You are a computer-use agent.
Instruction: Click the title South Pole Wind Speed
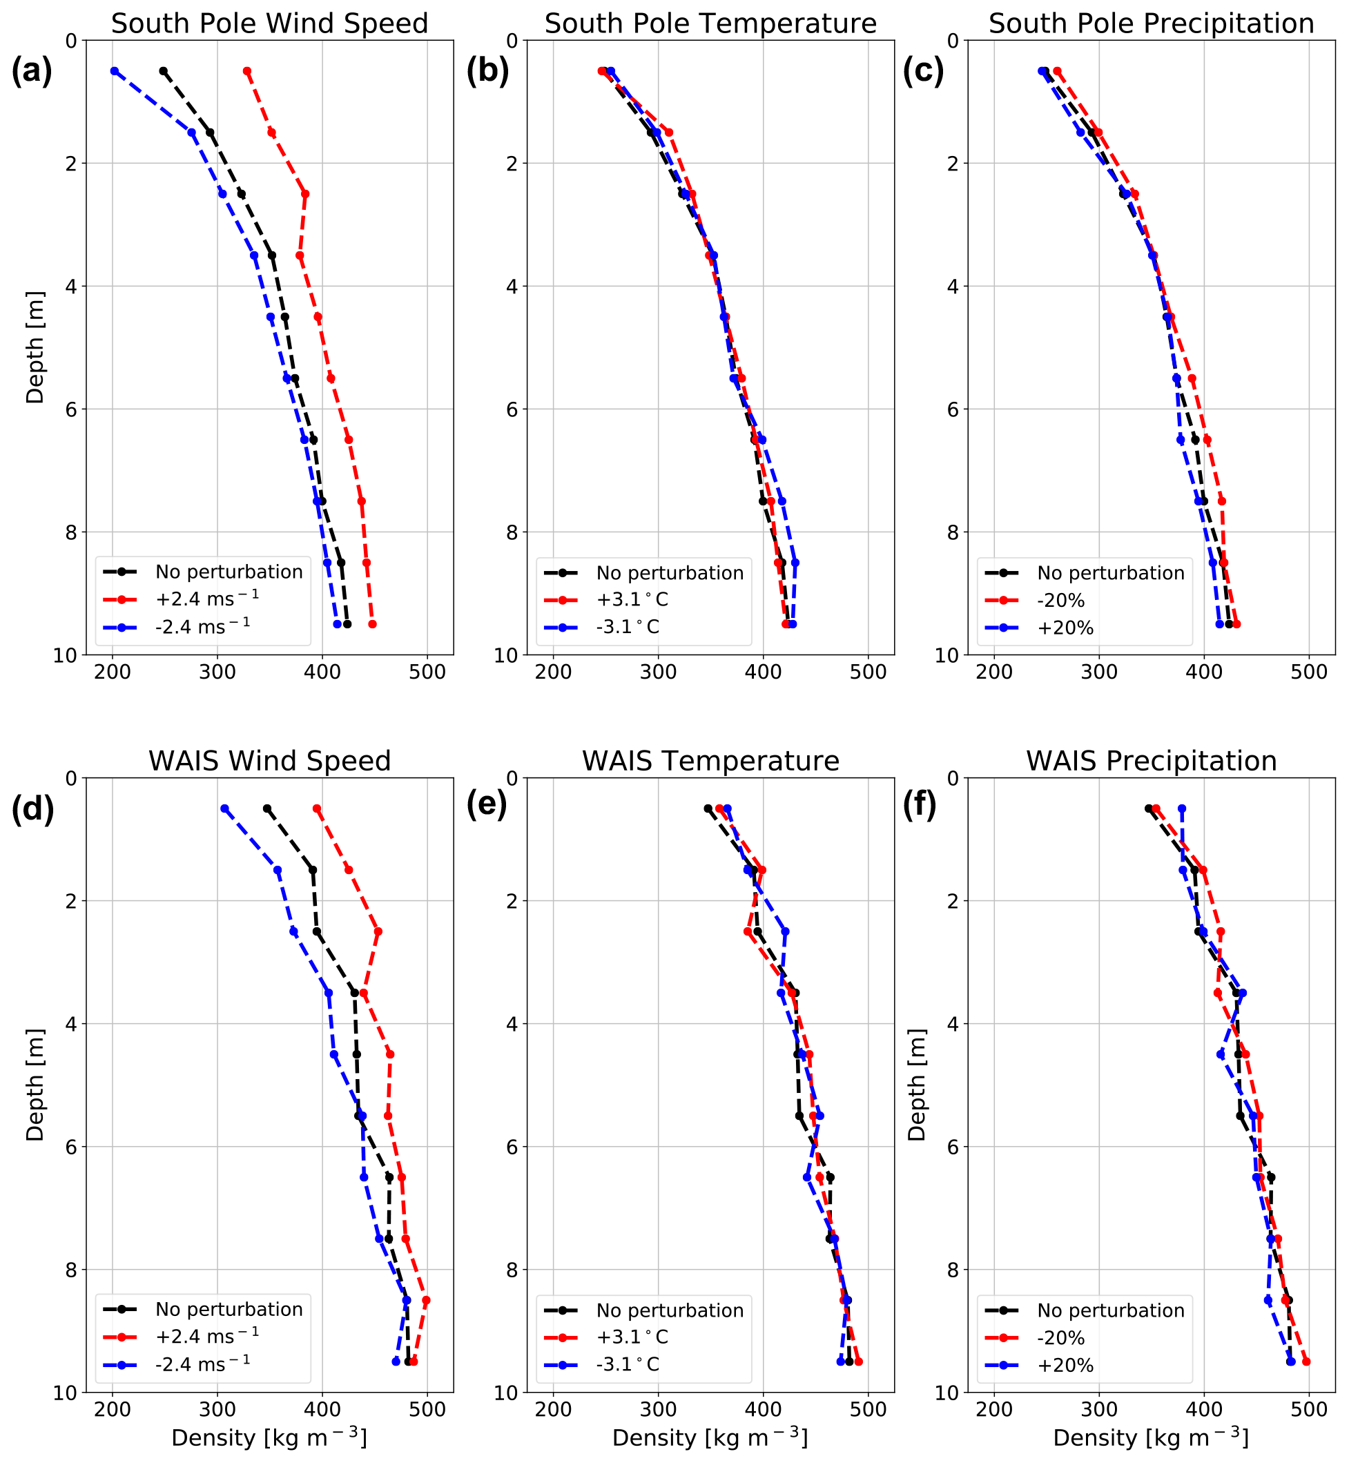[x=269, y=23]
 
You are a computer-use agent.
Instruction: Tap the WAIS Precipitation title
[x=1151, y=761]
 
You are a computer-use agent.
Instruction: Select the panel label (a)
[x=31, y=72]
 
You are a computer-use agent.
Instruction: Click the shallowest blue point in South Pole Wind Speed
[x=115, y=71]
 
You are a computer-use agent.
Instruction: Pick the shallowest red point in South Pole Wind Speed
[x=246, y=71]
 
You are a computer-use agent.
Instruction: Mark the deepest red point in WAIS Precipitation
[x=1306, y=1362]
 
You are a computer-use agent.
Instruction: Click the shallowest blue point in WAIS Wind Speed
[x=225, y=808]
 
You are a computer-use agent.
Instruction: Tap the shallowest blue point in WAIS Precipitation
[x=1182, y=808]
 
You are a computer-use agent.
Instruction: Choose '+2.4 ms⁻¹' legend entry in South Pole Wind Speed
[x=206, y=599]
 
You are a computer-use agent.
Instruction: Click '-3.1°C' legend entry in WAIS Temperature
[x=628, y=1364]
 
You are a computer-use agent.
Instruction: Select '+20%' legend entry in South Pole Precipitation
[x=1065, y=628]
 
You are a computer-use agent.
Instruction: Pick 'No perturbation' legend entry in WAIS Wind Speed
[x=229, y=1309]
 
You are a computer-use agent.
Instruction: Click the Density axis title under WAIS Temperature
[x=710, y=1437]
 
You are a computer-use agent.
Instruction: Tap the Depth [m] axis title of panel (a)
[x=35, y=347]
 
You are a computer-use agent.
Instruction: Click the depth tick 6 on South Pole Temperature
[x=511, y=409]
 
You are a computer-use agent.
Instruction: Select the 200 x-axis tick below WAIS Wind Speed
[x=113, y=1409]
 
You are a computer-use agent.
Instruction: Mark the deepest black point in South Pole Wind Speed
[x=347, y=624]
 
